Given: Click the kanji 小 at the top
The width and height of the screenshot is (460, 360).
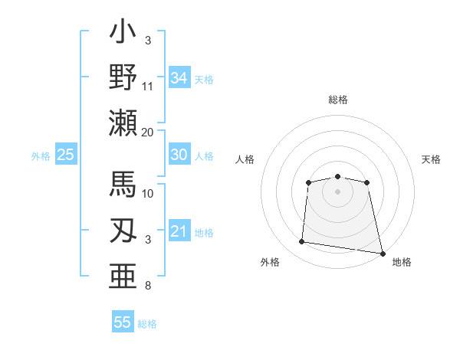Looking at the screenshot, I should [123, 35].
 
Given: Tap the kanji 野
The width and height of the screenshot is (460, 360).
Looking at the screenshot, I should [123, 77].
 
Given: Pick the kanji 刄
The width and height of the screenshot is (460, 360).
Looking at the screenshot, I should [123, 230].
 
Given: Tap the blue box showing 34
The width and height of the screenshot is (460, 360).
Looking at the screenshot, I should [179, 77].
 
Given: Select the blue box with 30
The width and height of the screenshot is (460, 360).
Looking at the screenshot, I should [179, 155].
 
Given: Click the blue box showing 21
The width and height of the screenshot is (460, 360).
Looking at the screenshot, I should [179, 231].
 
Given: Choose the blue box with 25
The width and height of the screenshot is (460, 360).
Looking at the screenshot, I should [65, 155].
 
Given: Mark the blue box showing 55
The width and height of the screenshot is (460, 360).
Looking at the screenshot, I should [123, 322].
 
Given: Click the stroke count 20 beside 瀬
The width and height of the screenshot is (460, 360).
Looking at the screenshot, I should [148, 132].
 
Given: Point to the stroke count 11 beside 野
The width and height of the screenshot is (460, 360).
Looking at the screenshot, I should [148, 86].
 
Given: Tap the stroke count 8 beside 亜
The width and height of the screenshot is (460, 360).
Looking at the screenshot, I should [148, 286].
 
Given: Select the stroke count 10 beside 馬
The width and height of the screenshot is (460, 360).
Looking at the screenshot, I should [148, 193].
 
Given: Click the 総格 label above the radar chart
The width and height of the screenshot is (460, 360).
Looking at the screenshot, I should [337, 100].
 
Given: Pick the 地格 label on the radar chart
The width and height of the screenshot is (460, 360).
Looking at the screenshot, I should [402, 262].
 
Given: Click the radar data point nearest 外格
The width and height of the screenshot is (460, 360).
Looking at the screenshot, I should [302, 242].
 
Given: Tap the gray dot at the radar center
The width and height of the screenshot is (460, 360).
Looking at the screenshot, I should [337, 191].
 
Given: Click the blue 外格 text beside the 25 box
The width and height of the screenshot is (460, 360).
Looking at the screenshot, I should [41, 156].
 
